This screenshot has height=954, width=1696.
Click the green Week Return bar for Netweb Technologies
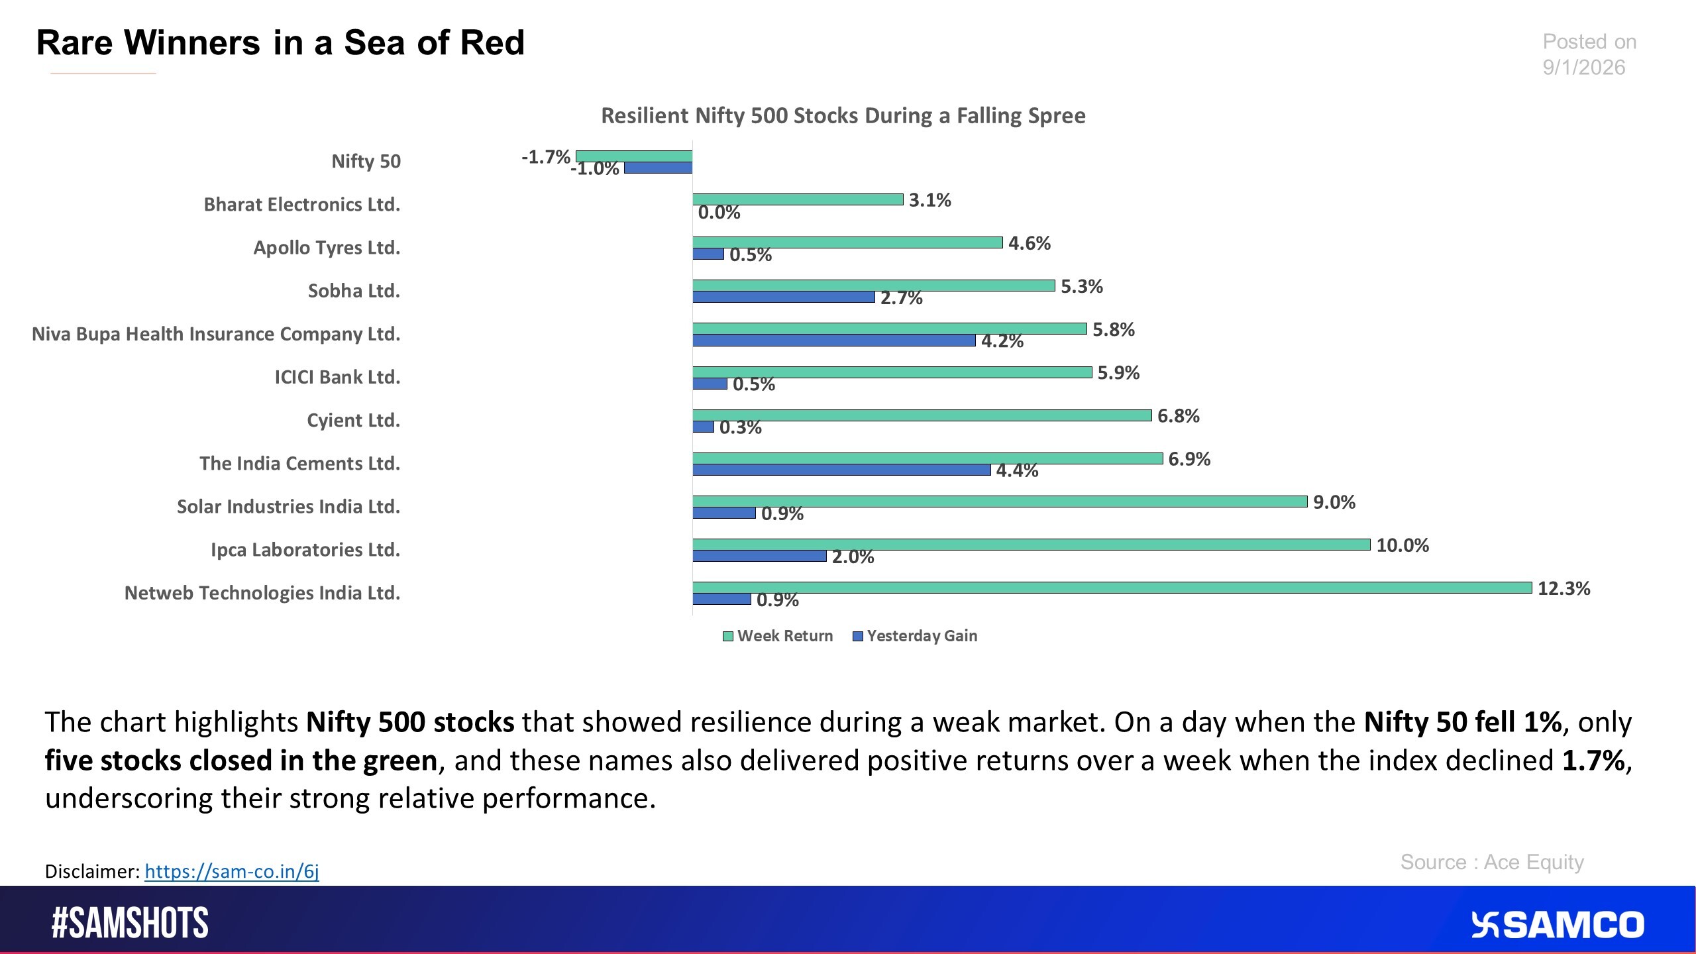(x=1112, y=588)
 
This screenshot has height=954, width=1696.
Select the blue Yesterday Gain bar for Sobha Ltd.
(x=783, y=297)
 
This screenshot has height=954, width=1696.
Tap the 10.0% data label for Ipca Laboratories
(x=1402, y=546)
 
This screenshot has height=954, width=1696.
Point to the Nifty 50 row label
(x=366, y=162)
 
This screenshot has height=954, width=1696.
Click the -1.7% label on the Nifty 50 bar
(x=545, y=157)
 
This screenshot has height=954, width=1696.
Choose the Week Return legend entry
(x=778, y=636)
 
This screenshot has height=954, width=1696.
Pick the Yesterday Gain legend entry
(x=915, y=636)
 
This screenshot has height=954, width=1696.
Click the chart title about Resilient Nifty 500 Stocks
(x=843, y=116)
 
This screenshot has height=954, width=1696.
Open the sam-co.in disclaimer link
(x=231, y=871)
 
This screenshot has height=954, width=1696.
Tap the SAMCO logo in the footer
(x=1557, y=925)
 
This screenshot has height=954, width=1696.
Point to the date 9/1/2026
(x=1583, y=68)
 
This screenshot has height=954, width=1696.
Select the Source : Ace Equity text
(x=1492, y=863)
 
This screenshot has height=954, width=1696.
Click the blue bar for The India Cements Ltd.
(x=841, y=470)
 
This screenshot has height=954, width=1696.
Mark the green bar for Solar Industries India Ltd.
(x=999, y=502)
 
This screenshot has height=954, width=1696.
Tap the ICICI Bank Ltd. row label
(x=337, y=378)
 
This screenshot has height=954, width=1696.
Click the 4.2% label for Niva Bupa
(x=1002, y=342)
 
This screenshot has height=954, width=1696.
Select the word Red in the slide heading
(x=493, y=43)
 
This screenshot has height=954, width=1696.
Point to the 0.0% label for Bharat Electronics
(x=719, y=213)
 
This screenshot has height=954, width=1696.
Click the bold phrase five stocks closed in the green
(x=241, y=761)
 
